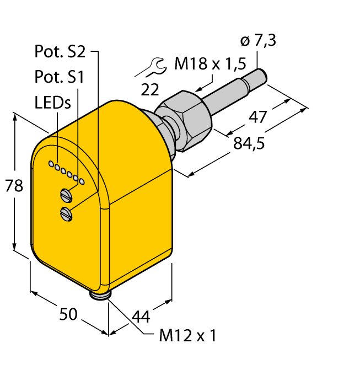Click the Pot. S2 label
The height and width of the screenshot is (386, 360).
pos(60,51)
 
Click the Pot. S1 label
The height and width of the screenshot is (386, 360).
pos(60,77)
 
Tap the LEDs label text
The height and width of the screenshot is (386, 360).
pos(53,103)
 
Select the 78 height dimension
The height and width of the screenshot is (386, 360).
pos(14,185)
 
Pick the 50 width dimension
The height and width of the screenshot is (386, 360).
pos(68,314)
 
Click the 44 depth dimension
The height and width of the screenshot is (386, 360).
pos(141,317)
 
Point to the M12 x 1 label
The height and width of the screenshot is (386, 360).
pos(188,335)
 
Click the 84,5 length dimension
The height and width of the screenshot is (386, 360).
pos(249,143)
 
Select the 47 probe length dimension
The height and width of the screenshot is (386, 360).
pos(257,117)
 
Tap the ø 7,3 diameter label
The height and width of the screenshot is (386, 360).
pos(258,40)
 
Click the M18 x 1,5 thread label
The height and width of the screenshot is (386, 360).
pos(210,63)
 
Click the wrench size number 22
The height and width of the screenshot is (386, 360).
pos(150,89)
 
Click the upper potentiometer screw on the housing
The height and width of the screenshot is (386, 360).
pos(66,195)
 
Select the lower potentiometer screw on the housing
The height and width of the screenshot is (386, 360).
pos(66,214)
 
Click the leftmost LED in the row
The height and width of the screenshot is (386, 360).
pos(51,164)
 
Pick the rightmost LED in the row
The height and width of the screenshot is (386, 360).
pos(82,181)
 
